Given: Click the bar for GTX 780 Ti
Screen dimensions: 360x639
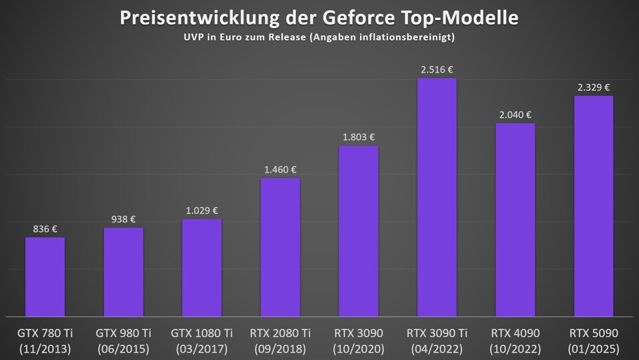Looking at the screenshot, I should tap(45, 277).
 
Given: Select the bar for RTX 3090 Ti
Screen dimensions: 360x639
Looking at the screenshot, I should tap(437, 197).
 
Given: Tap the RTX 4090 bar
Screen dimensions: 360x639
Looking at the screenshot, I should tap(515, 220).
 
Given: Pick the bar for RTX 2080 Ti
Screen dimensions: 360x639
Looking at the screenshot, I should tap(280, 247).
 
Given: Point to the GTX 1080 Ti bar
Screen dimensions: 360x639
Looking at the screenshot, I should tap(202, 267).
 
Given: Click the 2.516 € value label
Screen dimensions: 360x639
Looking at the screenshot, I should tap(437, 69).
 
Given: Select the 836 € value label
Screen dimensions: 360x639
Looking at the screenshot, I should tap(45, 229).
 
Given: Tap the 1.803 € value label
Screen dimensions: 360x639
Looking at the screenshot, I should tap(358, 137).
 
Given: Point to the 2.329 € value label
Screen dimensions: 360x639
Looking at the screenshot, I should tap(594, 87).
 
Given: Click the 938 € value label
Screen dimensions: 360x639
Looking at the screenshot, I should tap(123, 219).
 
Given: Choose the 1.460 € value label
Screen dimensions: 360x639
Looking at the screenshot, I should tap(280, 169).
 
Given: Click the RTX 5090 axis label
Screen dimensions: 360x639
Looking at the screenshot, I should tap(594, 333).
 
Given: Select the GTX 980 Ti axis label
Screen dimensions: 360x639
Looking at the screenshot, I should tap(123, 333).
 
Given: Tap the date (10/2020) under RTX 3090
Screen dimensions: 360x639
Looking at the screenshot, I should tap(358, 348).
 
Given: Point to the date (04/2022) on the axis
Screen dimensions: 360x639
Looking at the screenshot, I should tap(437, 348).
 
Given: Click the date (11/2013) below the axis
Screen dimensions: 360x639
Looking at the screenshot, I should tap(45, 348).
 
